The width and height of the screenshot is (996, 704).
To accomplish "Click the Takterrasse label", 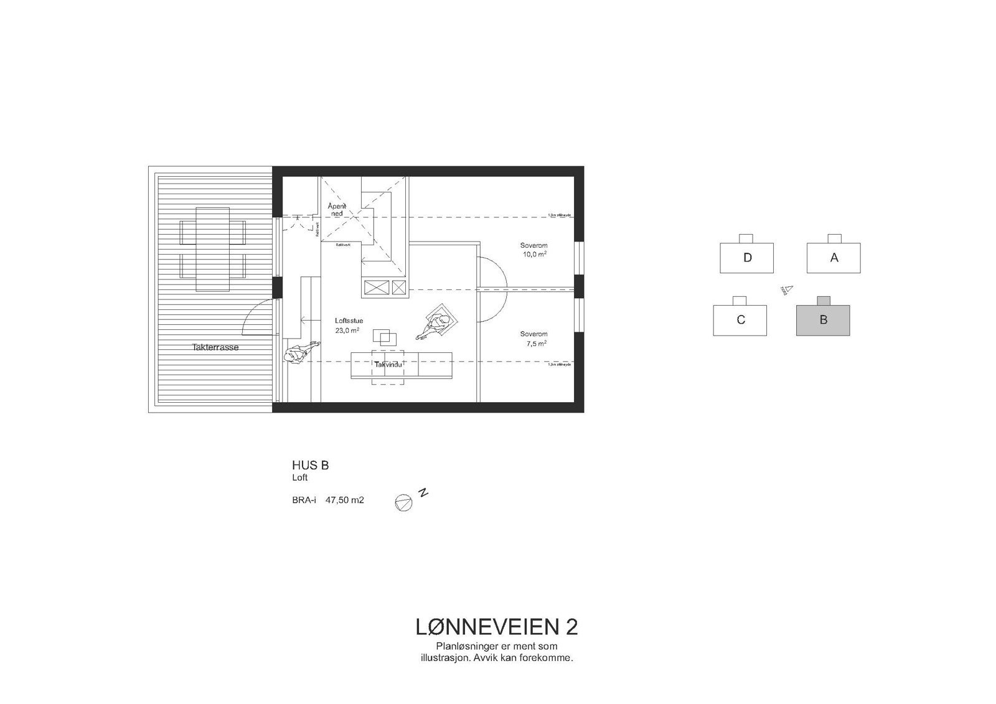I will click(x=215, y=347).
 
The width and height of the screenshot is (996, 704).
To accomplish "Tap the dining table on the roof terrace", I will click(x=212, y=249).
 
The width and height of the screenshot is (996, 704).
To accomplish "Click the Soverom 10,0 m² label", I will click(x=533, y=250).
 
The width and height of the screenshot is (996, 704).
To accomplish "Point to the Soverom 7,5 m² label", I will click(x=533, y=338).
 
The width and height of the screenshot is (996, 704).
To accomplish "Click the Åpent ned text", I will click(x=336, y=210).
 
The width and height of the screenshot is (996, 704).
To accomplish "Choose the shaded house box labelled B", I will click(x=823, y=320).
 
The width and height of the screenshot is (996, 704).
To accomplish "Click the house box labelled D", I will click(x=746, y=258).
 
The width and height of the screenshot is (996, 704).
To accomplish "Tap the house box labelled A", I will click(x=834, y=258).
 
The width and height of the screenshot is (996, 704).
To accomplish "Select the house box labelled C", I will click(x=740, y=320).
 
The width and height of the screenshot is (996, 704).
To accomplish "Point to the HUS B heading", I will click(x=310, y=465).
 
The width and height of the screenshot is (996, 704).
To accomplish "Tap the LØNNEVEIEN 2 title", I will click(x=496, y=627).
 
